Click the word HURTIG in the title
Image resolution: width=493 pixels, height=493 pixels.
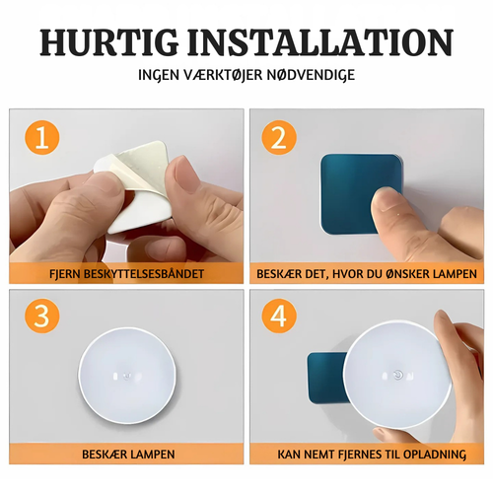[109, 42]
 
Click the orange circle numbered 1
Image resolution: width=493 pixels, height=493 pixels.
[42, 137]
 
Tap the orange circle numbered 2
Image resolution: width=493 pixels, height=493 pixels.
[279, 137]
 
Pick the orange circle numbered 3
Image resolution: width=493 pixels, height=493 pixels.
[42, 316]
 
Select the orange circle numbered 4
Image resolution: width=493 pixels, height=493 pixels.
[279, 316]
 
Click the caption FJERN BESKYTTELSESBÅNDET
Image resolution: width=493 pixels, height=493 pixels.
[126, 274]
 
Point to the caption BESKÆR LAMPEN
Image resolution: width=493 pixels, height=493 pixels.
[128, 455]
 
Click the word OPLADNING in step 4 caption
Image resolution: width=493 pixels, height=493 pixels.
[435, 455]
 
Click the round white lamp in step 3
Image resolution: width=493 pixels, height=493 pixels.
[127, 376]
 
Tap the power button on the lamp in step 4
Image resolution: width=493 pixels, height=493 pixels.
[398, 375]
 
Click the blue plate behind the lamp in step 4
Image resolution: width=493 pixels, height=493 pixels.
[326, 378]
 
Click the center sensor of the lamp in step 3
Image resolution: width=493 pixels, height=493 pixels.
[126, 375]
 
